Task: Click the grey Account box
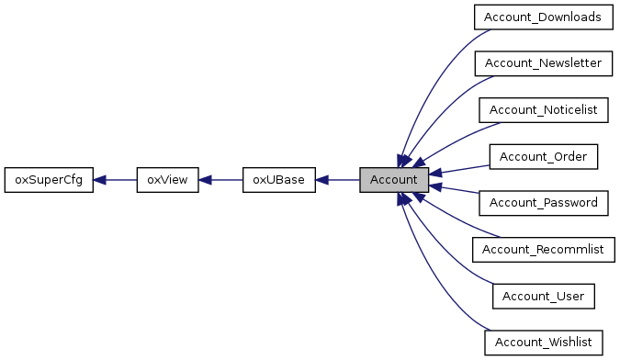coord(394,180)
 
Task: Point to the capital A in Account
coord(375,180)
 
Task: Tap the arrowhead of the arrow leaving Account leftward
coord(321,180)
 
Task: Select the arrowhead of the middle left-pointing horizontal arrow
coord(205,180)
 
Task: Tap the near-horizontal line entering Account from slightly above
coord(464,169)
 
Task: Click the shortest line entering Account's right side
coord(459,190)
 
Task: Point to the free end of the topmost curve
coord(490,30)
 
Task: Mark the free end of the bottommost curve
coord(490,329)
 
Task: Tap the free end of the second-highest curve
coord(493,77)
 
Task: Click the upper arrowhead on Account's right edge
coord(435,173)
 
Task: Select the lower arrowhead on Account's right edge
coord(435,186)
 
